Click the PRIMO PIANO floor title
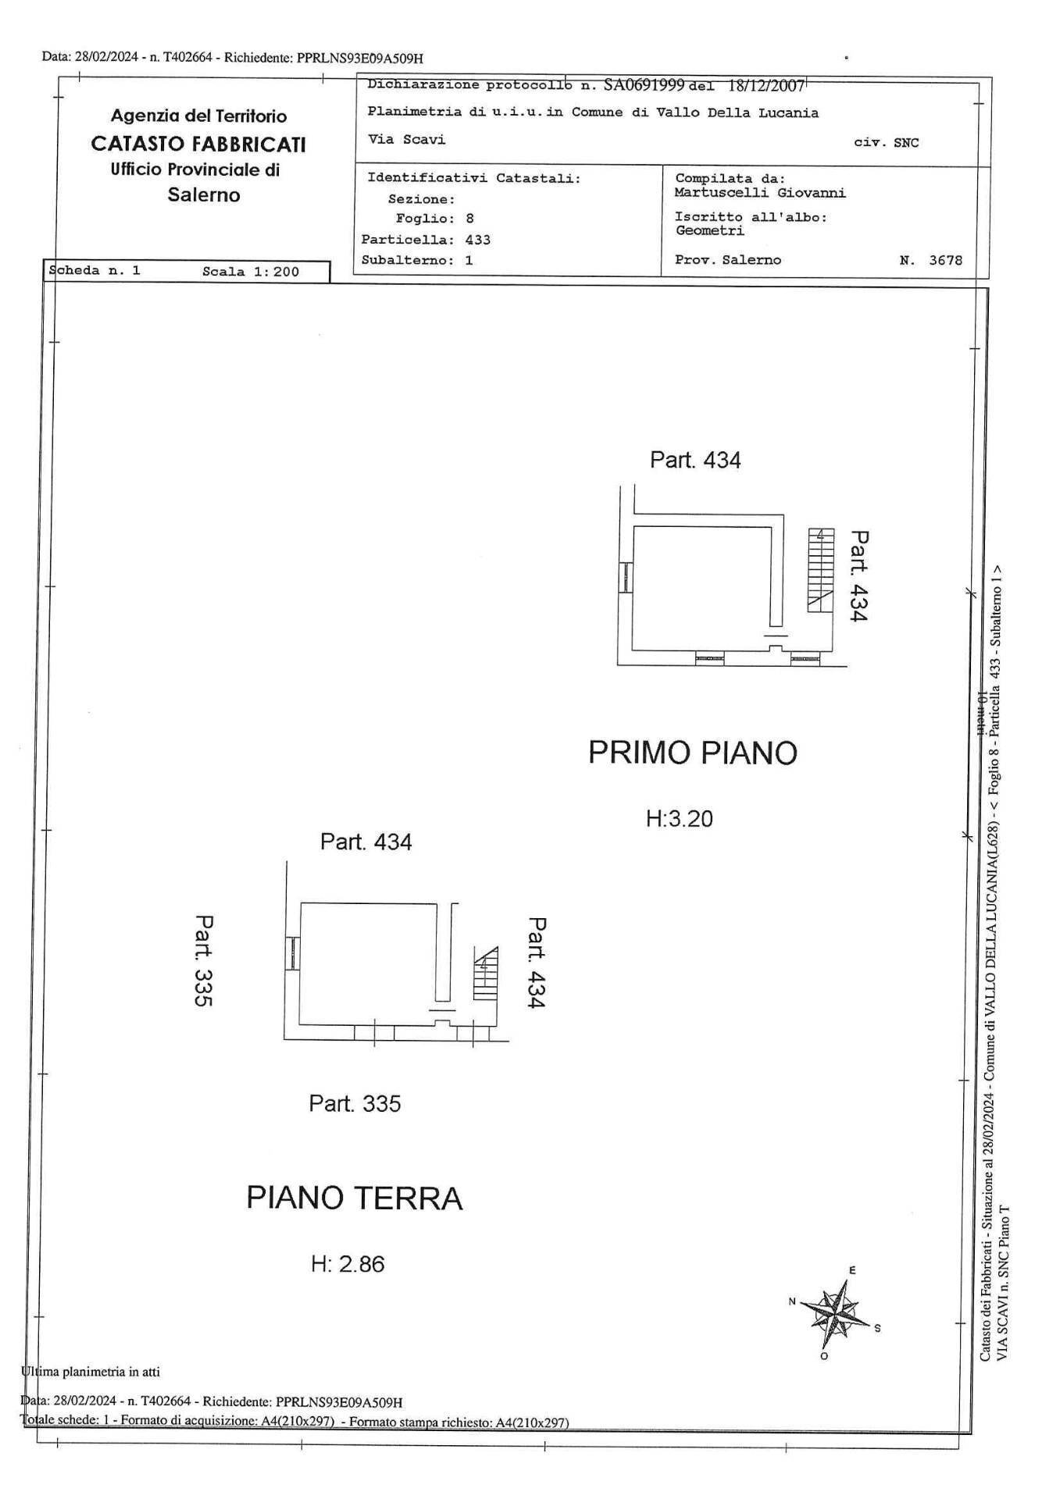(x=692, y=753)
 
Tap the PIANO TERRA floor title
(x=354, y=1198)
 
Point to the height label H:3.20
(x=679, y=819)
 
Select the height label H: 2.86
(x=348, y=1264)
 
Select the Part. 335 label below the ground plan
(x=355, y=1104)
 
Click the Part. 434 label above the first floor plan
(x=695, y=460)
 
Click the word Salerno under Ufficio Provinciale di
(x=204, y=195)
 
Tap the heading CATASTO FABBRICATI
(x=198, y=144)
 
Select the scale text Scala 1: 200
(x=250, y=272)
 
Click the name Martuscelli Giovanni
(x=759, y=193)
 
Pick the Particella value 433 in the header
(x=477, y=240)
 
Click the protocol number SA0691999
(x=644, y=84)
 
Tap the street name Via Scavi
(x=406, y=140)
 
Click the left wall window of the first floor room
(x=626, y=578)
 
